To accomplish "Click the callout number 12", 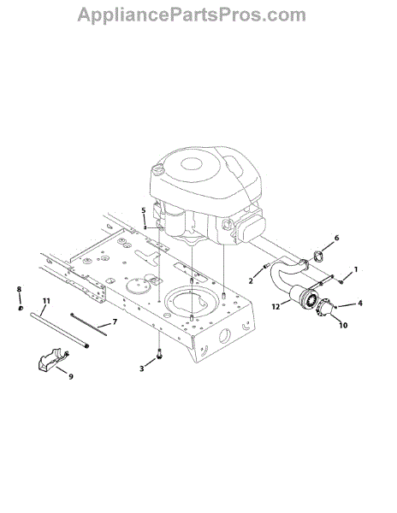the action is (x=276, y=307).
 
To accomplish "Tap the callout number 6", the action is (x=336, y=238).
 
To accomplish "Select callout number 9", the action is (x=71, y=376).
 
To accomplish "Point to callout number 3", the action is (x=141, y=369).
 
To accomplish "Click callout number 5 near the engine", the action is (x=144, y=210).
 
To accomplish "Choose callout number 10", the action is (x=343, y=325).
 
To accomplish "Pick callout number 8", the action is (x=19, y=289).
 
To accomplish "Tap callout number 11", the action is (x=46, y=301).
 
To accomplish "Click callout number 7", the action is (x=115, y=322).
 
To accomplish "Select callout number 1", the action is (x=356, y=269).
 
